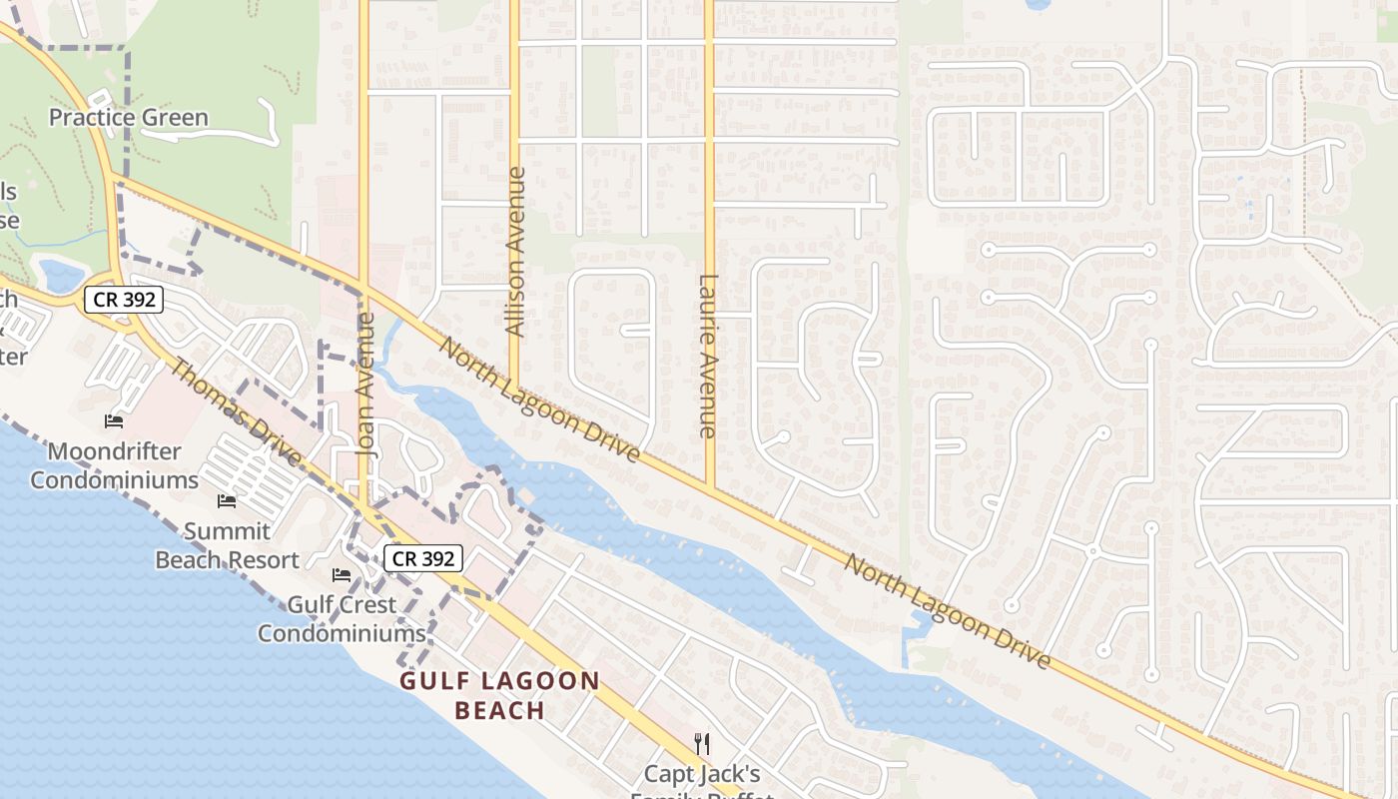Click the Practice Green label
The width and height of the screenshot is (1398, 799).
129,118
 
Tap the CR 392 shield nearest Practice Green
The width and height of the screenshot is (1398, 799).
123,299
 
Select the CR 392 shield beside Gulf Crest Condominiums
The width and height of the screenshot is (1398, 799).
424,558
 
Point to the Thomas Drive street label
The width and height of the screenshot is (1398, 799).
236,411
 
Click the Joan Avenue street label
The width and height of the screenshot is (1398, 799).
366,385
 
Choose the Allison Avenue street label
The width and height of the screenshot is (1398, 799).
515,251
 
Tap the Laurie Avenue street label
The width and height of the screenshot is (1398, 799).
708,357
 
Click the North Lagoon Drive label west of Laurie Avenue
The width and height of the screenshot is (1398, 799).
539,399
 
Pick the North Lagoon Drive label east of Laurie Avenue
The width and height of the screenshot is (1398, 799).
947,611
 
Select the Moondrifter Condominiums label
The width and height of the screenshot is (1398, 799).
114,465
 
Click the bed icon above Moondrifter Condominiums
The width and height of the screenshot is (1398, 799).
114,421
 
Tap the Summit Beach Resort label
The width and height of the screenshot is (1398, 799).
227,545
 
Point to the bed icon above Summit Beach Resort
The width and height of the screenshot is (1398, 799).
227,501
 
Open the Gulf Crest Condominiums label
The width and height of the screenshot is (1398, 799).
342,618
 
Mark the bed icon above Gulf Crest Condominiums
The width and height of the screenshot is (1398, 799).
342,575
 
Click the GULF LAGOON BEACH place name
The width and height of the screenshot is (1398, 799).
500,696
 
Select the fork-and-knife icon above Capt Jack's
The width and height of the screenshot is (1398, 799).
702,743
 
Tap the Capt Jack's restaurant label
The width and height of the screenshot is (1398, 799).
702,775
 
